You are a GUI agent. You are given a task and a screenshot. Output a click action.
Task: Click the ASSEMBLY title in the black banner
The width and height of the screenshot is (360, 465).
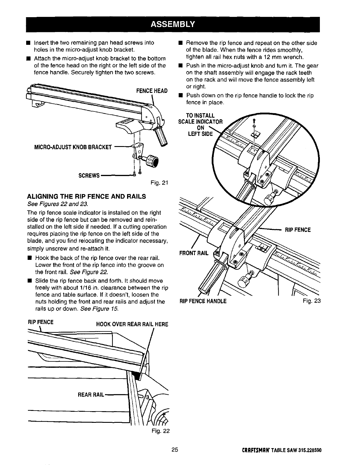[x=173, y=24]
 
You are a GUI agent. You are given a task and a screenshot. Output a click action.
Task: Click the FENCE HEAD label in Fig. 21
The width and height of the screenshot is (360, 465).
[x=152, y=91]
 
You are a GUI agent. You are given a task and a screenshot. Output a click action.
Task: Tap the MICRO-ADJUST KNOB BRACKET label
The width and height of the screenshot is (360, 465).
[x=73, y=147]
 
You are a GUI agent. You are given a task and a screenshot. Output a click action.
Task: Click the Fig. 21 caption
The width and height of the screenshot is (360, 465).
[x=159, y=183]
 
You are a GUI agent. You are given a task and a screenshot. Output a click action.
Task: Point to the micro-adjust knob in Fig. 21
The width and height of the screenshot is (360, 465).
[x=153, y=161]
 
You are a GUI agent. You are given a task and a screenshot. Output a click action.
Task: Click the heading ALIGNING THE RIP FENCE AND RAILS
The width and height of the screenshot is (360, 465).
[x=86, y=196]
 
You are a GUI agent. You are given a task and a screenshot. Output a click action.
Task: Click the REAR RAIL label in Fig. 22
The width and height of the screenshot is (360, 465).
[x=91, y=395]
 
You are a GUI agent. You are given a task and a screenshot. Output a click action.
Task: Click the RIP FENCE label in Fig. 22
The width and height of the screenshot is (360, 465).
[x=40, y=322]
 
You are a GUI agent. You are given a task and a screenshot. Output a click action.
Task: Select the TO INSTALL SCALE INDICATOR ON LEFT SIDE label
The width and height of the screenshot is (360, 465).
[x=200, y=125]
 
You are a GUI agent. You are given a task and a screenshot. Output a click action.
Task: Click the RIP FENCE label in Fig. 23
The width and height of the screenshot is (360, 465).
[x=297, y=230]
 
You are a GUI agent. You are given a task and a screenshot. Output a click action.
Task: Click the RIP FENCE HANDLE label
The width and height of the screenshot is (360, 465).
[x=203, y=301]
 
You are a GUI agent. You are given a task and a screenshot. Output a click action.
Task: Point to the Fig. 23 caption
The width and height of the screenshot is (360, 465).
[x=311, y=301]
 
